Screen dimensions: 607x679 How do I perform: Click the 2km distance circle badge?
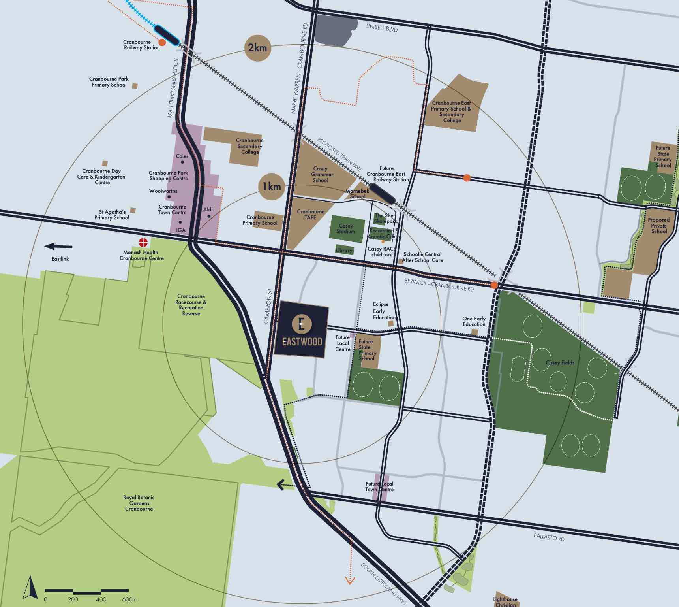pos(257,48)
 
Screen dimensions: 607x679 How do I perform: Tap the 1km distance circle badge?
pos(272,187)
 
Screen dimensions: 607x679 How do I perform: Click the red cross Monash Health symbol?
pos(143,242)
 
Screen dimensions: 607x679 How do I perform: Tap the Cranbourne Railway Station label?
pos(141,45)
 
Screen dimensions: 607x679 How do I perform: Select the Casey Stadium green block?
pos(346,229)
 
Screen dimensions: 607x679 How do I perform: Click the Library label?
pos(344,250)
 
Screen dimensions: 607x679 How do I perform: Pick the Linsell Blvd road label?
pos(382,28)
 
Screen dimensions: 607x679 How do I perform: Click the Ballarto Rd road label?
pos(549,537)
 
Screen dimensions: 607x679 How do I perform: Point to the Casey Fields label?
pos(560,362)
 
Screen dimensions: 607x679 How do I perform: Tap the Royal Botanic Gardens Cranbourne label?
pos(139,503)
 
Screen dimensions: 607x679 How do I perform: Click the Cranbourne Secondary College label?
pos(249,146)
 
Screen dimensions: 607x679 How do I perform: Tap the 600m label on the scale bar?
pos(129,599)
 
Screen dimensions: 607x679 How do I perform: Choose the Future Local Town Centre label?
pos(379,486)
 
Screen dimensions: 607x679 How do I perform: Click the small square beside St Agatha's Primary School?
pos(133,211)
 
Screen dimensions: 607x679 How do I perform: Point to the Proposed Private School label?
pos(658,226)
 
